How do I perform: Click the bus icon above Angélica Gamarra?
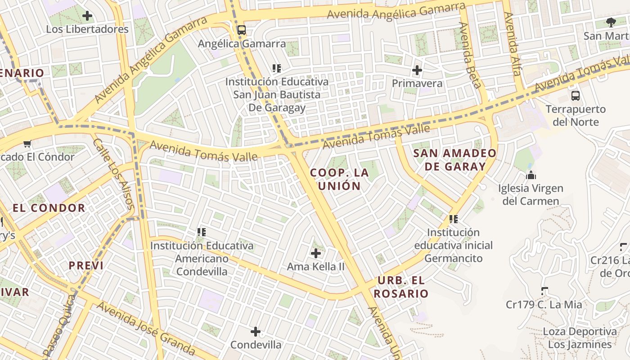tap(242, 30)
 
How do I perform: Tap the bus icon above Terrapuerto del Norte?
tap(575, 95)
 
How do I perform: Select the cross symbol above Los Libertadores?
tap(87, 16)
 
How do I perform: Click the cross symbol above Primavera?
tap(417, 70)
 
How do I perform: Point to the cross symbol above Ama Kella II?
tap(316, 253)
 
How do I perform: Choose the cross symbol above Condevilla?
tap(256, 332)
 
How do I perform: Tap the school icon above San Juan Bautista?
tap(276, 68)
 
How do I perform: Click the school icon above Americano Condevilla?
tap(201, 232)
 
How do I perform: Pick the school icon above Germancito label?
tap(453, 219)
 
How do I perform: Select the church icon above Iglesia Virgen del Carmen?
tap(531, 175)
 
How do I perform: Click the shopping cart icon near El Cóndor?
tap(27, 144)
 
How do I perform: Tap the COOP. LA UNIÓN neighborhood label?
tap(340, 179)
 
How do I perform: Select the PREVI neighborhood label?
tap(86, 265)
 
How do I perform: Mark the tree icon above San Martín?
tap(611, 22)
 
